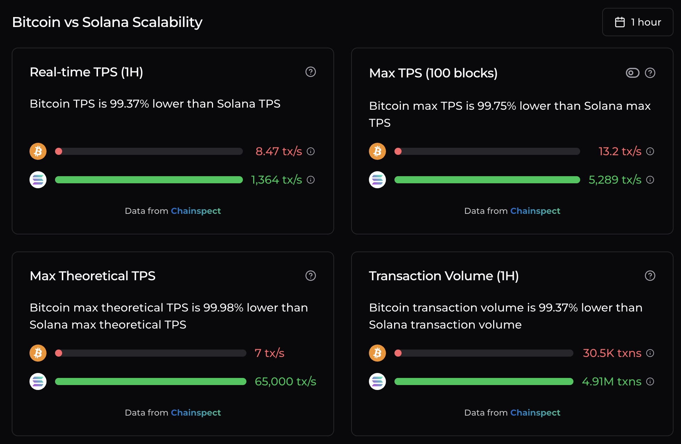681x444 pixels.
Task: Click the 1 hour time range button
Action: pyautogui.click(x=638, y=22)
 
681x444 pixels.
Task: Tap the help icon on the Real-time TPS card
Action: pyautogui.click(x=311, y=72)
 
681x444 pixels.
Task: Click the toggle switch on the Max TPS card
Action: pyautogui.click(x=632, y=73)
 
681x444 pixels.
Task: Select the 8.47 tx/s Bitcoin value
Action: pyautogui.click(x=278, y=151)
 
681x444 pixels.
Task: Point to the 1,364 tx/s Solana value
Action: pyautogui.click(x=276, y=180)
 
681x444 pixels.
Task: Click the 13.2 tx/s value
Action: pyautogui.click(x=620, y=151)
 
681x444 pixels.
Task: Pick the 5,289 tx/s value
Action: pyautogui.click(x=615, y=180)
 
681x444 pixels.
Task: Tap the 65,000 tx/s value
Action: pyautogui.click(x=285, y=381)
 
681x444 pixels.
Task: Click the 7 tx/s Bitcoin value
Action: pyautogui.click(x=269, y=353)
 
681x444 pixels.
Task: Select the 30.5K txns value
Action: pyautogui.click(x=612, y=353)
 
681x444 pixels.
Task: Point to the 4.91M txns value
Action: pyautogui.click(x=611, y=381)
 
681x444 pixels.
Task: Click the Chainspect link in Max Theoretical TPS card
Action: pyautogui.click(x=196, y=412)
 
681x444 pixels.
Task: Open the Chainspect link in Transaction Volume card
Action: pyautogui.click(x=535, y=412)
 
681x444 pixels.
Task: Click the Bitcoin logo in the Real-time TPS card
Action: pyautogui.click(x=38, y=151)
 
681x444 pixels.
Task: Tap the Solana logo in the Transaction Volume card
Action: pyautogui.click(x=377, y=381)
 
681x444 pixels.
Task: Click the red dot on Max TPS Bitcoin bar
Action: pyautogui.click(x=398, y=151)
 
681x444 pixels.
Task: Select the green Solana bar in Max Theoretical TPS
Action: pyautogui.click(x=151, y=381)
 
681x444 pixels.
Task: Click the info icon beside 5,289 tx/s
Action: pyautogui.click(x=650, y=180)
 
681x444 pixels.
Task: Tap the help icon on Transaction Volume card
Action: pyautogui.click(x=650, y=276)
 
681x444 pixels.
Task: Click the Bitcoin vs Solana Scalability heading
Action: pyautogui.click(x=107, y=22)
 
